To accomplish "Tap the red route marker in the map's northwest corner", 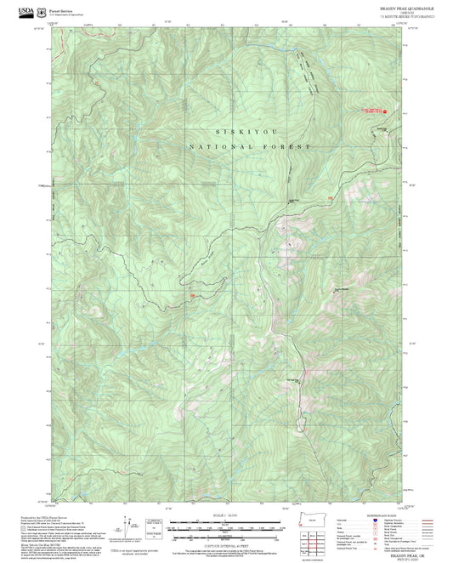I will click(x=96, y=82).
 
